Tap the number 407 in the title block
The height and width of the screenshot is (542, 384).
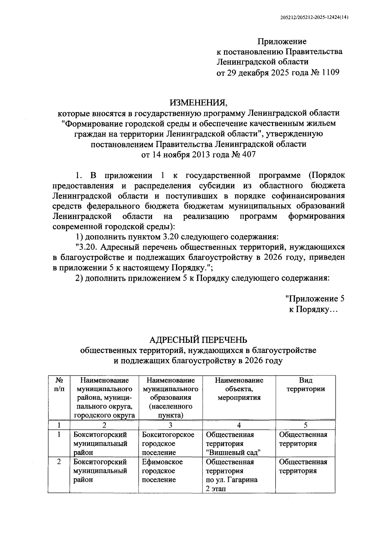[249, 155]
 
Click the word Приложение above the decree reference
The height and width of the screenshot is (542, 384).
[282, 42]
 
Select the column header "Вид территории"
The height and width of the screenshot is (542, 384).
[306, 385]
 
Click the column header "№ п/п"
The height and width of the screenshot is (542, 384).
[59, 385]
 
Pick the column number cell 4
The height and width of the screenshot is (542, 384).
[239, 425]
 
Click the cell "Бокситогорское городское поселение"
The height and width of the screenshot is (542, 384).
[168, 444]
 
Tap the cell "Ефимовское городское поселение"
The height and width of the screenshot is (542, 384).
[163, 471]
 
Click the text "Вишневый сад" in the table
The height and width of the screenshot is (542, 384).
[233, 453]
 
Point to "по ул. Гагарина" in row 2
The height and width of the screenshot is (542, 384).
[232, 480]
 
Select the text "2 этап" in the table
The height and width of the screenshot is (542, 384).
[216, 489]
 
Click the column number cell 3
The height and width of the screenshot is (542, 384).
[171, 425]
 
